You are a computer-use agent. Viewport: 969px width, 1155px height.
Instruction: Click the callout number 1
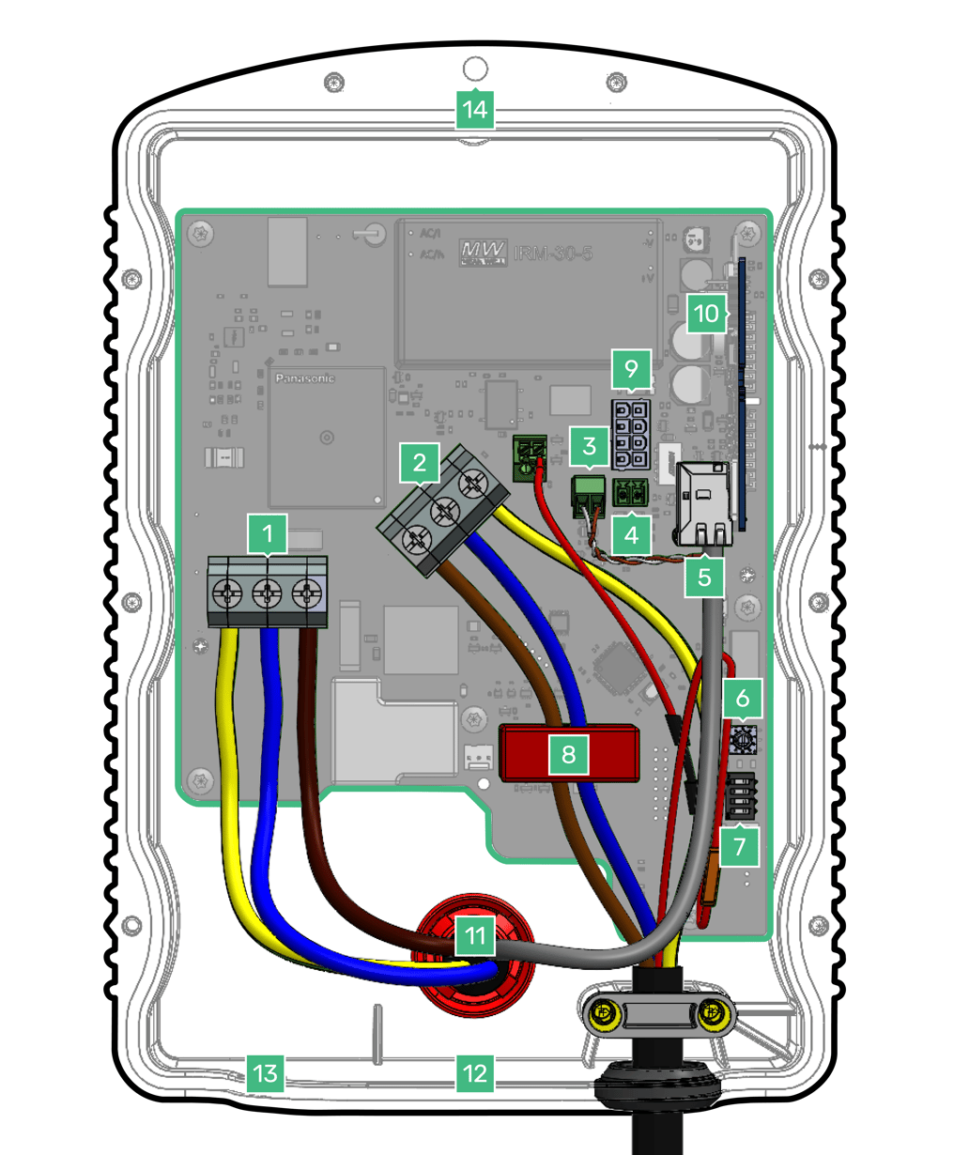click(268, 534)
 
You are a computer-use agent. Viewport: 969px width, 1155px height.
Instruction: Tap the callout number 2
click(419, 462)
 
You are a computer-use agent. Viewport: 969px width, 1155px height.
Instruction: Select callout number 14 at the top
click(475, 110)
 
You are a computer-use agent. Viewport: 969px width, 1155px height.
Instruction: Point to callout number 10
click(707, 314)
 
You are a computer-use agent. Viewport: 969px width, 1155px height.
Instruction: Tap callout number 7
click(740, 847)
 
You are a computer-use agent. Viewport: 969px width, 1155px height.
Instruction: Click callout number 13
click(267, 1071)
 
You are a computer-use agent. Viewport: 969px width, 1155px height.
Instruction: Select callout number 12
click(475, 1071)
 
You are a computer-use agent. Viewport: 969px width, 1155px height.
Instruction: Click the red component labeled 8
click(569, 753)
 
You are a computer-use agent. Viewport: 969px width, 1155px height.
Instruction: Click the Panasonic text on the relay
click(304, 378)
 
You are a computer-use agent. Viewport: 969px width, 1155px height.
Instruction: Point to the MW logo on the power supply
click(483, 252)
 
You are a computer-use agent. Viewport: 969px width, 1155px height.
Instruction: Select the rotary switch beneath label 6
click(745, 740)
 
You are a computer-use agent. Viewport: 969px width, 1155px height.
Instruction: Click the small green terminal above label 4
click(630, 492)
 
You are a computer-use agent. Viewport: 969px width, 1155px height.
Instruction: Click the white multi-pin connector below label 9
click(630, 433)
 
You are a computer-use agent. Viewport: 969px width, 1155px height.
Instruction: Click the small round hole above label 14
click(476, 69)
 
